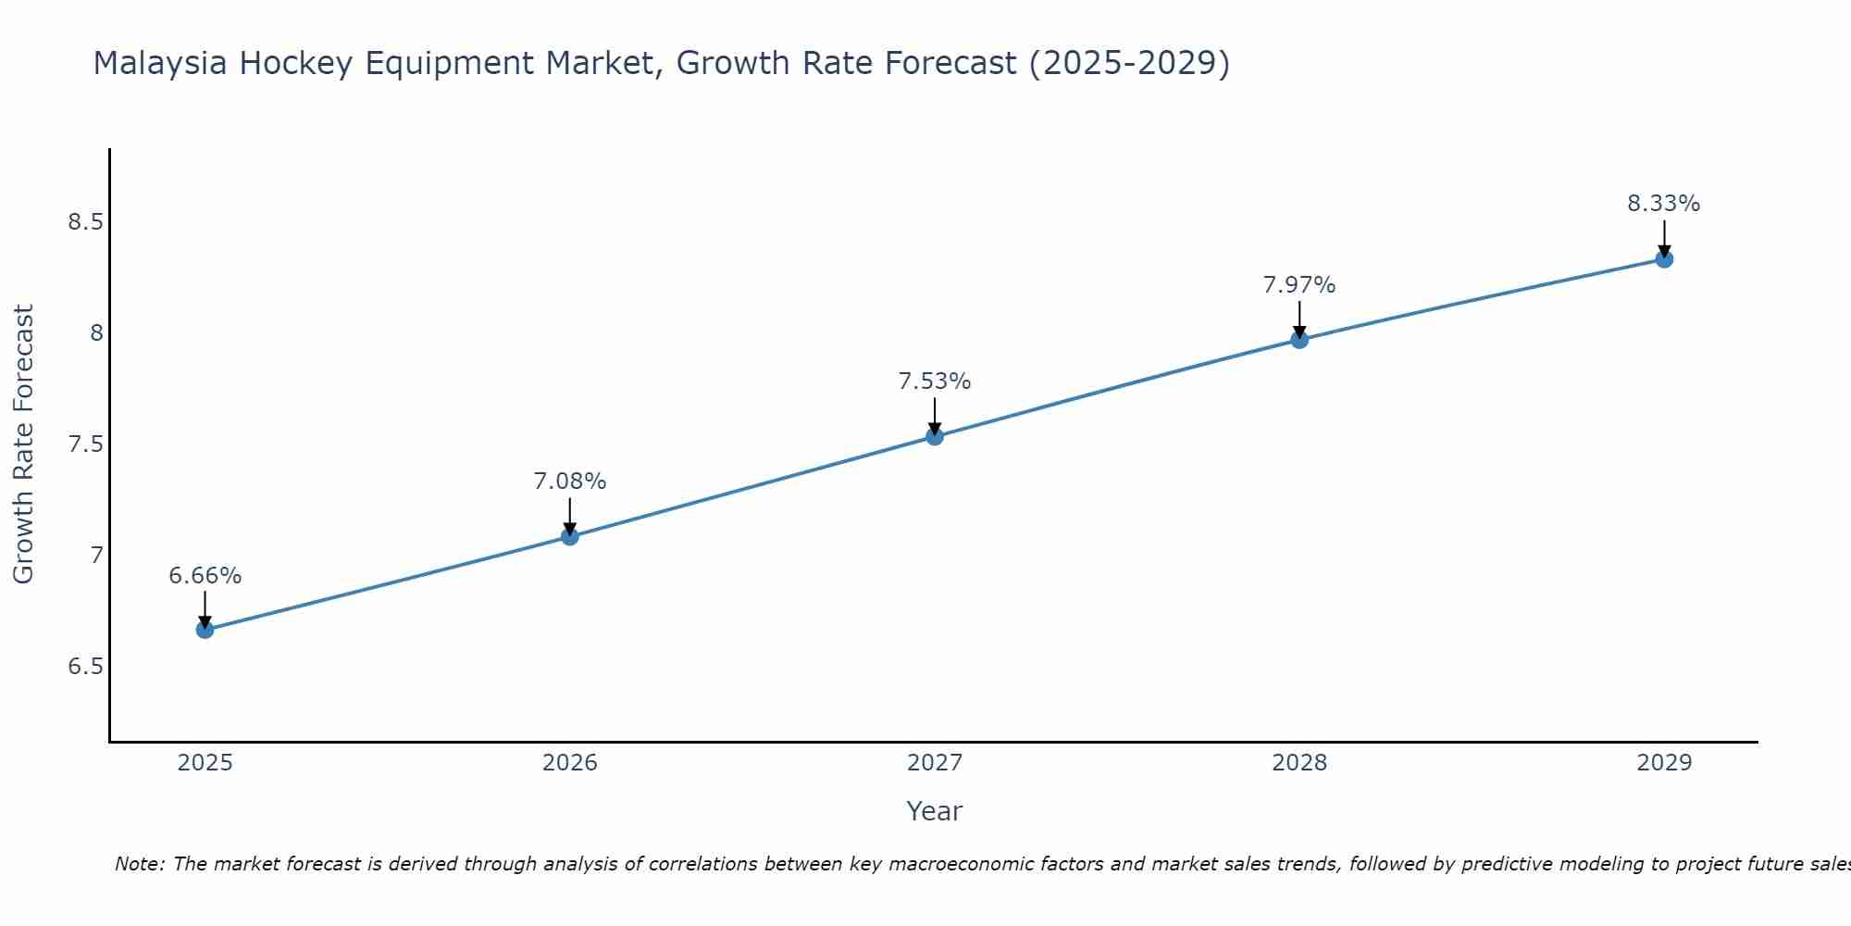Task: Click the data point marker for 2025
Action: [x=205, y=630]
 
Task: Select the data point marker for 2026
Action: [x=570, y=536]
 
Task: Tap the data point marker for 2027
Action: [x=935, y=436]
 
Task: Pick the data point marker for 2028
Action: [x=1299, y=340]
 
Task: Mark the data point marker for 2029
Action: [x=1664, y=259]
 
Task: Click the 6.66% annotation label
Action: [x=205, y=576]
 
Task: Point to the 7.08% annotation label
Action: [x=570, y=482]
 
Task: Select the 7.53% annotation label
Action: [x=935, y=382]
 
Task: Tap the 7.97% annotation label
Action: [x=1299, y=285]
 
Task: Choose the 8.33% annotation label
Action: [x=1664, y=204]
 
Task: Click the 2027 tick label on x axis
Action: [x=935, y=763]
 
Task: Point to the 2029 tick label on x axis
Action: [x=1664, y=763]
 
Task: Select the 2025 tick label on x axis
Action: [x=205, y=763]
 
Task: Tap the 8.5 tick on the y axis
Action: [x=85, y=222]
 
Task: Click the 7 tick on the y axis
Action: [x=96, y=556]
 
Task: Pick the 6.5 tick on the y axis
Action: [x=85, y=667]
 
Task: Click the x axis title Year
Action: [x=935, y=811]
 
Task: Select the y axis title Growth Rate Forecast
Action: [x=24, y=444]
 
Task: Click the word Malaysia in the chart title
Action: [x=160, y=64]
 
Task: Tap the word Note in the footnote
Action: [x=139, y=864]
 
